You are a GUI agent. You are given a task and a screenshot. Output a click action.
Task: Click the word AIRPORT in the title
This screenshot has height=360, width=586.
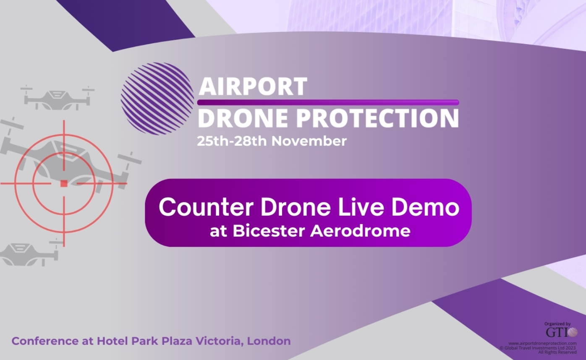(253, 86)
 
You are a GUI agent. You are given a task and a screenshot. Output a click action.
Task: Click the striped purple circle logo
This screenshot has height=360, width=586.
(157, 99)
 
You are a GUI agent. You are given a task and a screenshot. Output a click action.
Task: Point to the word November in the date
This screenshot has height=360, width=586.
(309, 141)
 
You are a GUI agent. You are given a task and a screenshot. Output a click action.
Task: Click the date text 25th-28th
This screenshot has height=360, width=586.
(232, 141)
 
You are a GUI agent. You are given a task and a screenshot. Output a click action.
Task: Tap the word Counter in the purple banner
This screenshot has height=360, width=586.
(206, 207)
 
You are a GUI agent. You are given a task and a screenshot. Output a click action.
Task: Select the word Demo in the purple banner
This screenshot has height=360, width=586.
(425, 207)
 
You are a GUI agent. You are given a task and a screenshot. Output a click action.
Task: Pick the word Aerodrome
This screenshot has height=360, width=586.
(360, 231)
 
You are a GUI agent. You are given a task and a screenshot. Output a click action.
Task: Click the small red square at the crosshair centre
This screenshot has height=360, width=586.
(64, 183)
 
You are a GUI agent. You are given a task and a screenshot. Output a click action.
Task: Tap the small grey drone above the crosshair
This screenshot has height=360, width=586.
(57, 97)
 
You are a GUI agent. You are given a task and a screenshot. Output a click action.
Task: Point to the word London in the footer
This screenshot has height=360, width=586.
(269, 341)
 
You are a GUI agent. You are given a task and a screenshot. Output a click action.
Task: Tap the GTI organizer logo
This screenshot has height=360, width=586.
(561, 332)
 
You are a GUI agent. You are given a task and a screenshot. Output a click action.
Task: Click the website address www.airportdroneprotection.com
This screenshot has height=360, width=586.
(543, 343)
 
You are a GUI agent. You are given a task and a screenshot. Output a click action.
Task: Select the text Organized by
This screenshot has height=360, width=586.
(557, 324)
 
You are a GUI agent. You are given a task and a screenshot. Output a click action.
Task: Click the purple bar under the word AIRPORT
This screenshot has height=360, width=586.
(328, 102)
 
